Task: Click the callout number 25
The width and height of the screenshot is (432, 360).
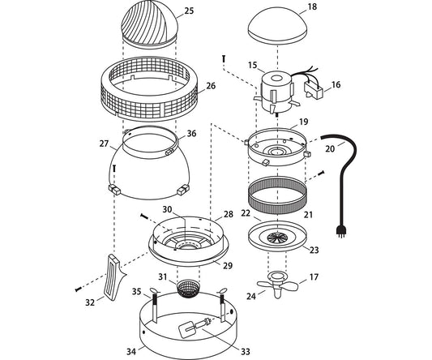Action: coord(189,11)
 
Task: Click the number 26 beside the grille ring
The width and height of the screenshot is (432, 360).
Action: coord(211,86)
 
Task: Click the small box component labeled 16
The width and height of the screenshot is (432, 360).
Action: coord(313,91)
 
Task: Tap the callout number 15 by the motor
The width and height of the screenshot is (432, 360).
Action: coord(252,66)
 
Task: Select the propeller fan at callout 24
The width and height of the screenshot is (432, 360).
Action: coord(277,285)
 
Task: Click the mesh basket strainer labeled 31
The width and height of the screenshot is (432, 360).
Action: coord(187,289)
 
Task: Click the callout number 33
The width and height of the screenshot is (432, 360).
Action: coord(246,351)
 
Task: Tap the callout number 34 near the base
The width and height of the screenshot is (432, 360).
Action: coord(131,351)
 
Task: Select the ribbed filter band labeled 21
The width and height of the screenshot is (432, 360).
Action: coord(277,195)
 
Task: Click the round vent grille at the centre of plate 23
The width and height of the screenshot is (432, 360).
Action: coord(278,238)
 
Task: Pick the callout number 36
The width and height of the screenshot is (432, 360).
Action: coord(191,134)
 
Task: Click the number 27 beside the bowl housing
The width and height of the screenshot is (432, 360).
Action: coord(104,144)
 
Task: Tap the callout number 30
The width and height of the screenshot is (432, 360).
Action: coord(167,209)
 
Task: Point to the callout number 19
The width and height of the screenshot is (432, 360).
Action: coord(304,122)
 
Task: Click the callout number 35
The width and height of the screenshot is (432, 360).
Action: coord(137,291)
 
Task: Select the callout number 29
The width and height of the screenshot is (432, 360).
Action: coord(228,266)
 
